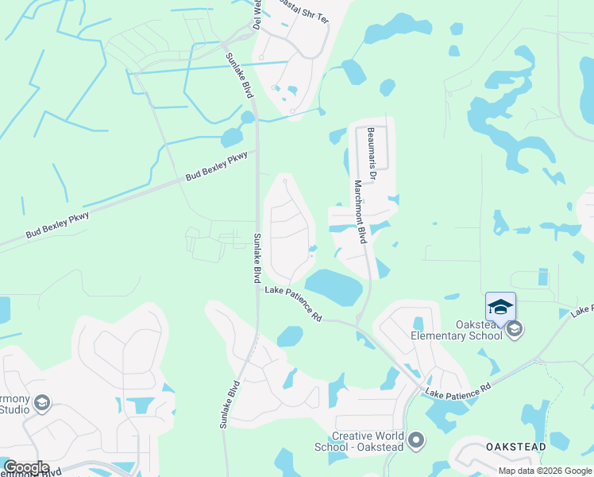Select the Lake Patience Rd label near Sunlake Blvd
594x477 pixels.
click(x=293, y=305)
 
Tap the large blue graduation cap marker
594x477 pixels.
click(x=500, y=307)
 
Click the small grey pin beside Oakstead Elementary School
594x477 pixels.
click(x=514, y=329)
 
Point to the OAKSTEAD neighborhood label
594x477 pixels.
click(x=516, y=447)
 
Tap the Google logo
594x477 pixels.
click(x=25, y=467)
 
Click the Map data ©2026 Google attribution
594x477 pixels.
click(x=545, y=471)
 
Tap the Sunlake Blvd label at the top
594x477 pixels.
click(x=234, y=76)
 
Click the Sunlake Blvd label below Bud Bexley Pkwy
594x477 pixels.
click(x=256, y=258)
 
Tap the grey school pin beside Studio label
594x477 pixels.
click(x=42, y=404)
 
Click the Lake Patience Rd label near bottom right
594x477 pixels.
click(x=458, y=390)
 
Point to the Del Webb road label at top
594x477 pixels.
click(x=256, y=14)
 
